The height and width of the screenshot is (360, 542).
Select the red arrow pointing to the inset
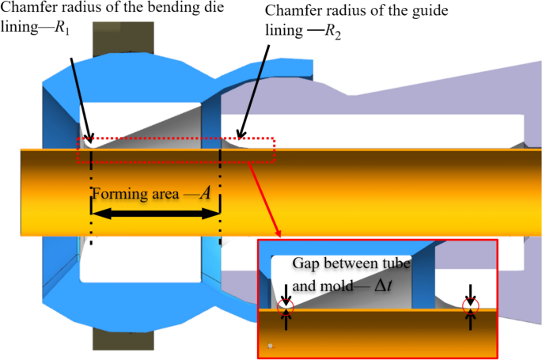click(x=264, y=198)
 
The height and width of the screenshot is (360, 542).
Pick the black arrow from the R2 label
click(x=253, y=95)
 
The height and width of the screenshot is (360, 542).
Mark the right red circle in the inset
click(x=472, y=304)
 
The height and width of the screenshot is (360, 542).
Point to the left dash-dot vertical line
click(x=92, y=198)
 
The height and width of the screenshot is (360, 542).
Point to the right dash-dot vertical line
click(x=222, y=198)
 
